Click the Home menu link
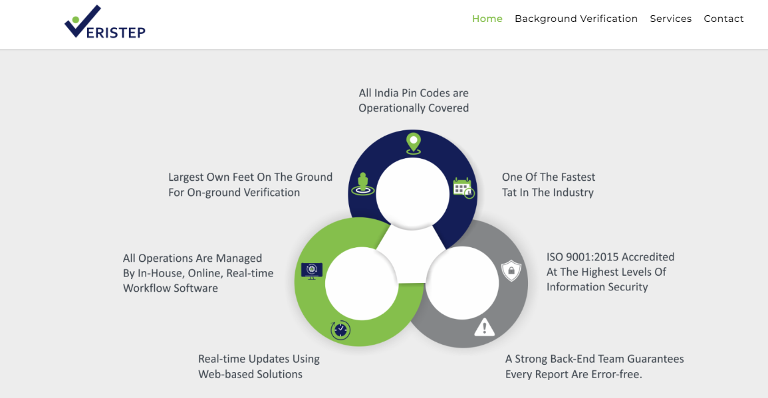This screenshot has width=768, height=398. point(487,19)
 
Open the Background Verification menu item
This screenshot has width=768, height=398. point(576,19)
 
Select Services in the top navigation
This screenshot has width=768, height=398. point(670,19)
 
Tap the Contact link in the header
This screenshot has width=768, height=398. point(723,19)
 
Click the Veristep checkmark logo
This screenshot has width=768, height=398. point(105,22)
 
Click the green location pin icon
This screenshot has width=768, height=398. point(414,144)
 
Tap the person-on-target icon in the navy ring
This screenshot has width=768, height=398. point(363,184)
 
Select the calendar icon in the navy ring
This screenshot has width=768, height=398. point(463,188)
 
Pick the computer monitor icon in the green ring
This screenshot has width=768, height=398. point(311,270)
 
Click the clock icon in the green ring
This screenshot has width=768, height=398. point(340,330)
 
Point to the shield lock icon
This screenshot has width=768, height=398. point(511,270)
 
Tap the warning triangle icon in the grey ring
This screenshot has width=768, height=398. point(485,327)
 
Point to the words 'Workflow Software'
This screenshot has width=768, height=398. point(170,288)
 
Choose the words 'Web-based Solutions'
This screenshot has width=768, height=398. point(250,374)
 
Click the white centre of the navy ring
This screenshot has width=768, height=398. point(412,193)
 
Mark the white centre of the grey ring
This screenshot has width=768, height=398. point(462,283)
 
